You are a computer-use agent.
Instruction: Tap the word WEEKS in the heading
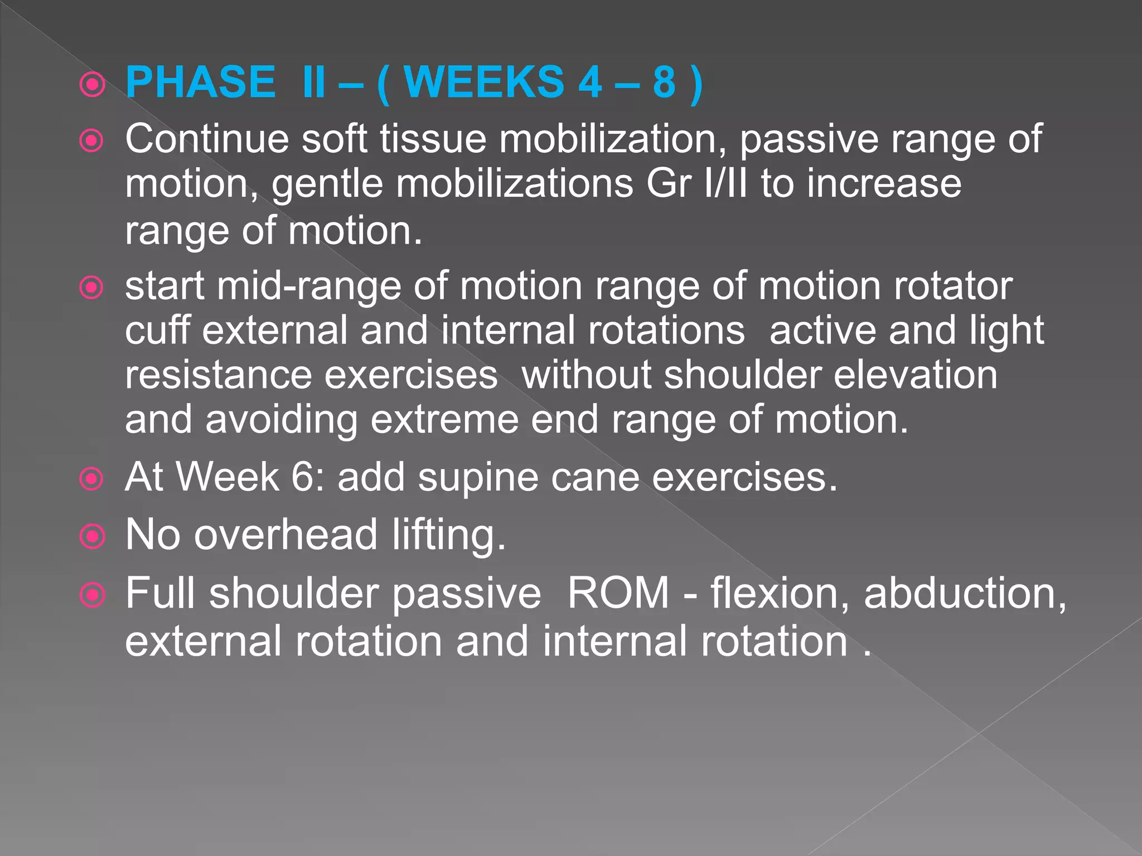(x=484, y=82)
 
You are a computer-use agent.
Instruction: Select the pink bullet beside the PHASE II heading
(x=92, y=85)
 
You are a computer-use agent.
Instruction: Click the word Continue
(x=207, y=139)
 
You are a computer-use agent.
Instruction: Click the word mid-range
(x=309, y=286)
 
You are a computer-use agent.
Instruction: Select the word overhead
(x=285, y=534)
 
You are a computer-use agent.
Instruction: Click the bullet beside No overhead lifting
(x=92, y=536)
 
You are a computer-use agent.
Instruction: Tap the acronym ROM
(x=618, y=593)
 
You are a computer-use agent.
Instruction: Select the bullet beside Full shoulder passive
(x=92, y=595)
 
